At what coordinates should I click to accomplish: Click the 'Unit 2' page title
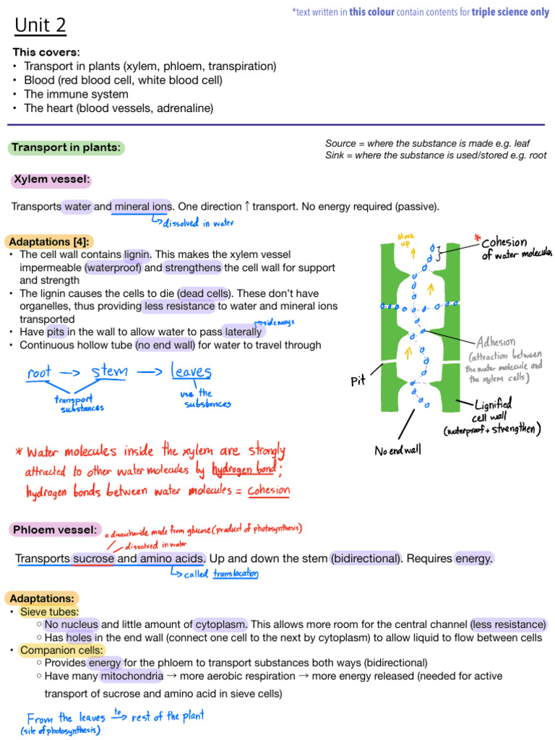click(x=40, y=26)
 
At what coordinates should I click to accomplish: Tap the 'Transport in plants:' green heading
click(x=66, y=147)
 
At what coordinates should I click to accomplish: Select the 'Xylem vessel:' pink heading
click(x=51, y=179)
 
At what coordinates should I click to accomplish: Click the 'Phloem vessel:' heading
click(x=53, y=530)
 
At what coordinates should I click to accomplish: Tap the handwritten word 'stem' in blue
click(x=109, y=372)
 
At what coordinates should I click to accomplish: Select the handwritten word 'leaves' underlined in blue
click(x=191, y=372)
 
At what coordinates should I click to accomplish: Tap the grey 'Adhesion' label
click(x=496, y=342)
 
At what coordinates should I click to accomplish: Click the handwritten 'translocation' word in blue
click(x=235, y=574)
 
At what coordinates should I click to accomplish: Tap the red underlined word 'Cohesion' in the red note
click(x=268, y=490)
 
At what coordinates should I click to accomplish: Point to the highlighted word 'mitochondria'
click(x=132, y=676)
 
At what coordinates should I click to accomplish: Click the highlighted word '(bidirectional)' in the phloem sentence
click(x=365, y=559)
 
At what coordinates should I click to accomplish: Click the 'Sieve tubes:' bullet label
click(x=49, y=611)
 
